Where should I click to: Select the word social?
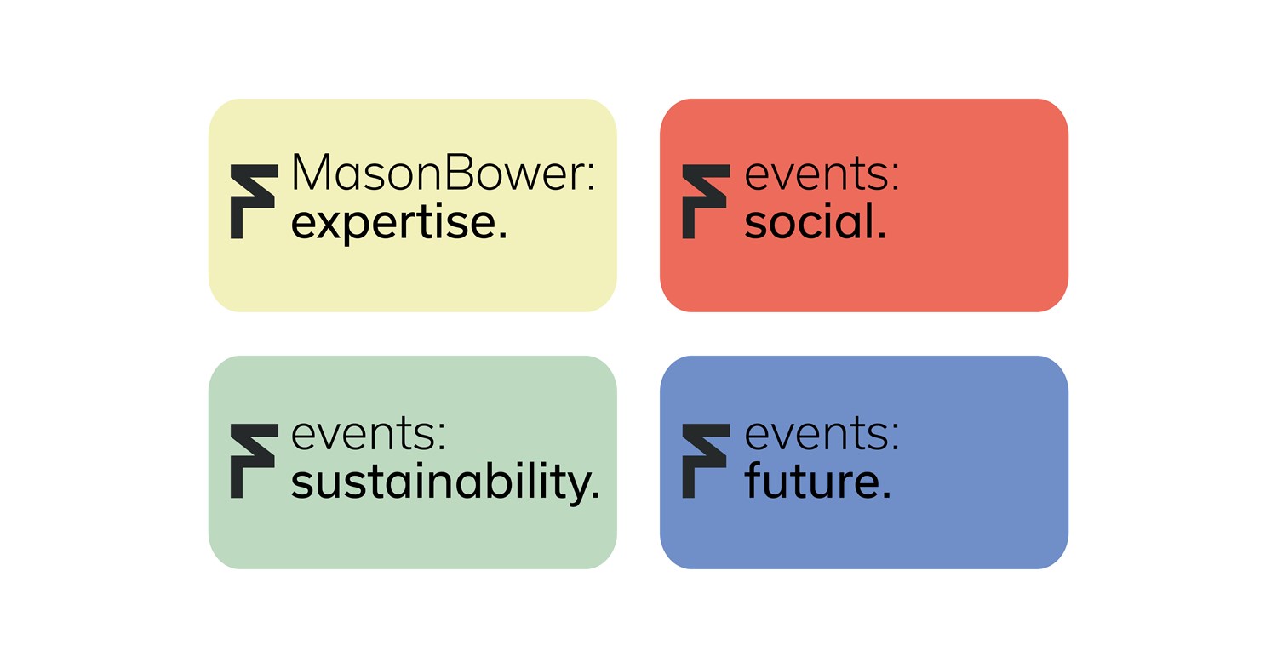tap(810, 220)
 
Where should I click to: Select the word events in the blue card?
tap(816, 434)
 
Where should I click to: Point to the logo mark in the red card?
tap(706, 202)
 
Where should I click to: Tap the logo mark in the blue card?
tap(706, 461)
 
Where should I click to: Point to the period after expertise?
tap(502, 234)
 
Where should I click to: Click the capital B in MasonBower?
tap(460, 172)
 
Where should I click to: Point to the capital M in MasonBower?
tap(310, 172)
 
